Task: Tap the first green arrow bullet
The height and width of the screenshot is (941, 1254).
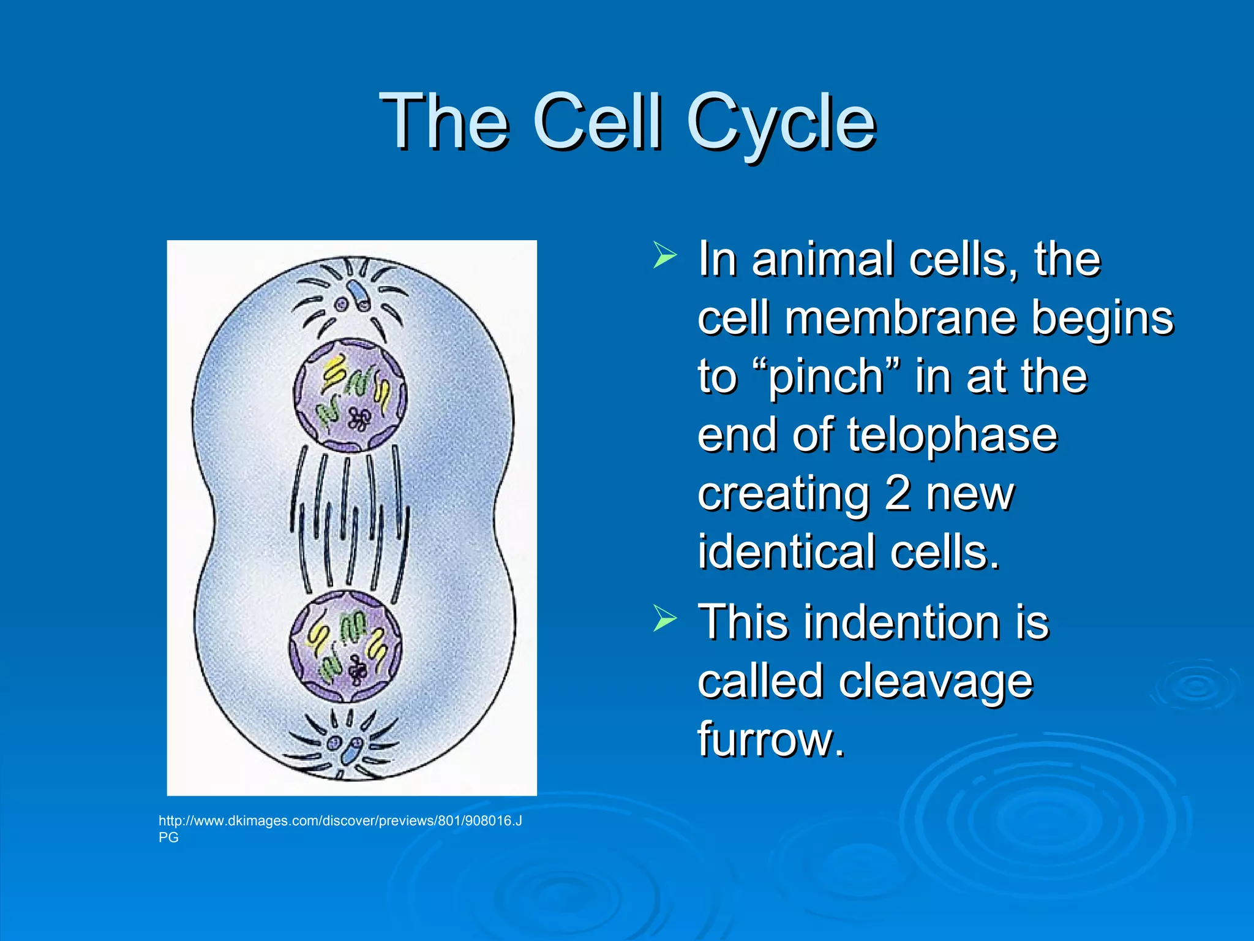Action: pos(664,255)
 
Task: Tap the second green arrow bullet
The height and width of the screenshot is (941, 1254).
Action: pos(664,618)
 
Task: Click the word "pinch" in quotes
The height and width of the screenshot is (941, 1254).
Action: pos(825,376)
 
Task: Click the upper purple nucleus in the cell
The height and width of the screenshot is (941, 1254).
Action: pos(350,395)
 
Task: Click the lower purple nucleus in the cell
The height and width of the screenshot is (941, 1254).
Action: pos(346,646)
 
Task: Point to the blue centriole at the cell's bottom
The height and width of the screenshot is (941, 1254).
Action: pos(352,750)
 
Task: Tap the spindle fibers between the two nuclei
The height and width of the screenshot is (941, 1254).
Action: pos(349,521)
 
